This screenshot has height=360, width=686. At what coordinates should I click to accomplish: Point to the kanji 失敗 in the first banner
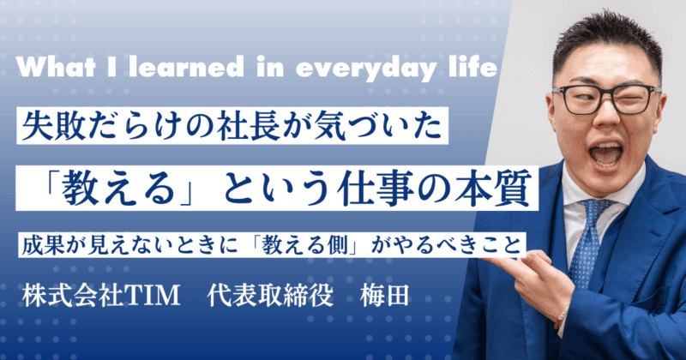tap(52, 129)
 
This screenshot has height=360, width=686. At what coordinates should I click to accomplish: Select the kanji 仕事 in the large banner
tap(367, 186)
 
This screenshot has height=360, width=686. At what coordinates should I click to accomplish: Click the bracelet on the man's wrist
tap(561, 318)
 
